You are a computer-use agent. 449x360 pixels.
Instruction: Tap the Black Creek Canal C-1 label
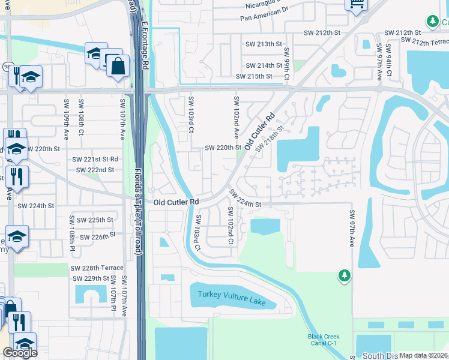pos(322,340)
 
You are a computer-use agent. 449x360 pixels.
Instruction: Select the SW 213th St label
pos(264,44)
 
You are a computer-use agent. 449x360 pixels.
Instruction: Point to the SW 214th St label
pos(264,65)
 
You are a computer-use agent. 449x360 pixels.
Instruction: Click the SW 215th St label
pos(254,77)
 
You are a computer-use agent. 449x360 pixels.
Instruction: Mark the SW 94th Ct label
pos(390,61)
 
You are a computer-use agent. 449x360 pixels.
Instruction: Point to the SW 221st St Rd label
pos(95,160)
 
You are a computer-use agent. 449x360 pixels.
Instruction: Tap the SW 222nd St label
pos(95,170)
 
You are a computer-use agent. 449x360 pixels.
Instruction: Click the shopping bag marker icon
pos(118,65)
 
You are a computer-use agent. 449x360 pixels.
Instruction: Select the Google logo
pos(20,353)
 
